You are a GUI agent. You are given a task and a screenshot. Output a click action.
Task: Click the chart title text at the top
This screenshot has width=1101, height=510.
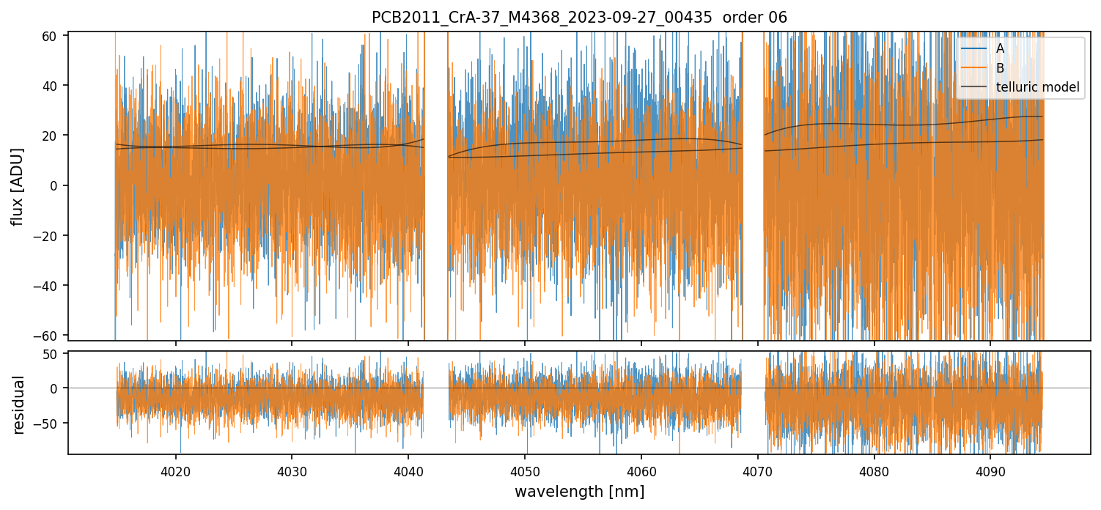click(x=579, y=18)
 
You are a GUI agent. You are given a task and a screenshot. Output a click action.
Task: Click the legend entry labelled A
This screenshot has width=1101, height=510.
click(x=1000, y=48)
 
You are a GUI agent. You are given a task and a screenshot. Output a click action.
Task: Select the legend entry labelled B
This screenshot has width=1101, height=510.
click(x=1000, y=68)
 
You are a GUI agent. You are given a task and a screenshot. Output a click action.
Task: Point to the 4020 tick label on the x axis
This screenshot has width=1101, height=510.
click(x=175, y=470)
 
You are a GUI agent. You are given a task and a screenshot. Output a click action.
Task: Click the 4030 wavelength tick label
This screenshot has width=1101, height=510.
click(x=292, y=470)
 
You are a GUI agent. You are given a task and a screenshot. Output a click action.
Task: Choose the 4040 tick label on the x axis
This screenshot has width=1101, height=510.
click(x=408, y=470)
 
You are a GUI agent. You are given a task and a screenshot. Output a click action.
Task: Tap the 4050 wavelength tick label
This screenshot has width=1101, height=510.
click(x=525, y=470)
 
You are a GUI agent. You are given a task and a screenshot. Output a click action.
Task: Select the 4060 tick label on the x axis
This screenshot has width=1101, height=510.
click(x=641, y=470)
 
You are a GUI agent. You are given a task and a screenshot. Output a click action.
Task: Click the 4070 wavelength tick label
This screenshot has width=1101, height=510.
click(x=758, y=470)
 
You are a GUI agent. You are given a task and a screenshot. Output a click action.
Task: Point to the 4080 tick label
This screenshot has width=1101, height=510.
click(x=874, y=470)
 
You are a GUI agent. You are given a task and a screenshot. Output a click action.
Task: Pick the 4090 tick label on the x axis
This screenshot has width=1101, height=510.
click(x=991, y=470)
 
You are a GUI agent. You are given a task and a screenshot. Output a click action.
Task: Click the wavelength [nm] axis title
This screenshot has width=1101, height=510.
click(x=579, y=491)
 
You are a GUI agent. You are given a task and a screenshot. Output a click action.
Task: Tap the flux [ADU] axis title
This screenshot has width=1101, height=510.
click(x=18, y=186)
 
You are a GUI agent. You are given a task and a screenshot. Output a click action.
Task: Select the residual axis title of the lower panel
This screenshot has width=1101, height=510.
click(x=19, y=404)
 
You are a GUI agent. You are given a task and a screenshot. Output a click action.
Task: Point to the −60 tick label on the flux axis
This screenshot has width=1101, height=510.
click(x=49, y=336)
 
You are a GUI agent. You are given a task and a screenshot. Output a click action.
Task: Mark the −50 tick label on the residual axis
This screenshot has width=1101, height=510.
click(x=49, y=423)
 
